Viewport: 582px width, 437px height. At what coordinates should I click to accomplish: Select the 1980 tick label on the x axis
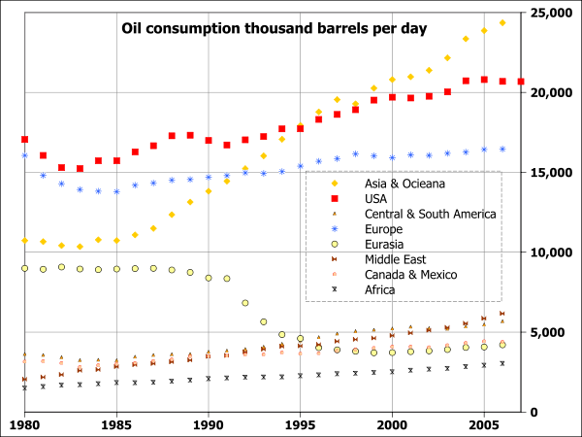[x=24, y=425]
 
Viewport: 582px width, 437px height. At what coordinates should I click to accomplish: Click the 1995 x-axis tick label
[x=300, y=425]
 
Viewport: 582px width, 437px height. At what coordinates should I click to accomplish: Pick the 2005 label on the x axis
[x=484, y=425]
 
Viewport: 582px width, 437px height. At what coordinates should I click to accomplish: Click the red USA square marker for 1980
[x=24, y=140]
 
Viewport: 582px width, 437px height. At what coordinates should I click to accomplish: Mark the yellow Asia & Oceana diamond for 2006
[x=502, y=22]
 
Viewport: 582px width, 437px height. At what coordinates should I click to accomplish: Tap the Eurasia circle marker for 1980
[x=24, y=268]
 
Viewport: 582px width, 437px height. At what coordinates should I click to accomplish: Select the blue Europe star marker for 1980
[x=24, y=155]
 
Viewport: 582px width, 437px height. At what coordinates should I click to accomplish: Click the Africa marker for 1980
[x=24, y=387]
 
